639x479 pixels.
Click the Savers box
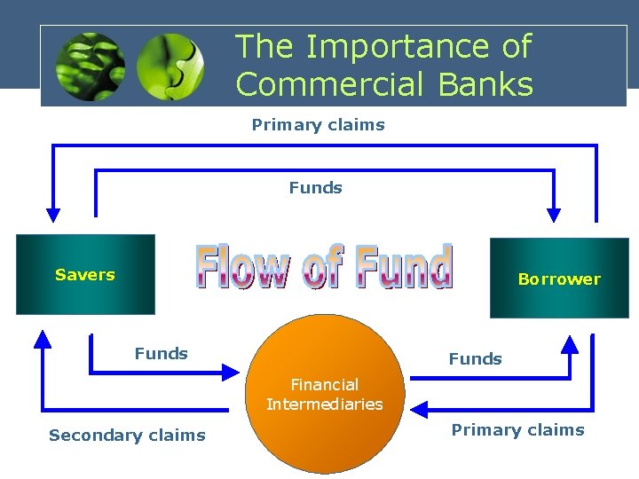85,274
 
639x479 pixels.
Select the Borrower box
559,279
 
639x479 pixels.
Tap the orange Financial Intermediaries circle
325,394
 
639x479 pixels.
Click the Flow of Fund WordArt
324,267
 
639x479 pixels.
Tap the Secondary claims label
127,435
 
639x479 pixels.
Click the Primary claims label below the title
318,124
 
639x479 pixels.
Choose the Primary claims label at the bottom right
517,429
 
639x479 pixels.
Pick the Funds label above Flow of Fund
315,187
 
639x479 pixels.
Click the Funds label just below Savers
161,353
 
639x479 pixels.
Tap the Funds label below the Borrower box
475,358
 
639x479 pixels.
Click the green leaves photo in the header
90,67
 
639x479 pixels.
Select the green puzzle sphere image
170,67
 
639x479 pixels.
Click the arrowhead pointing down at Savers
53,214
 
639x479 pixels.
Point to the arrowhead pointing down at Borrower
554,214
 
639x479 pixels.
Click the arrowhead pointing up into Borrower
570,343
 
